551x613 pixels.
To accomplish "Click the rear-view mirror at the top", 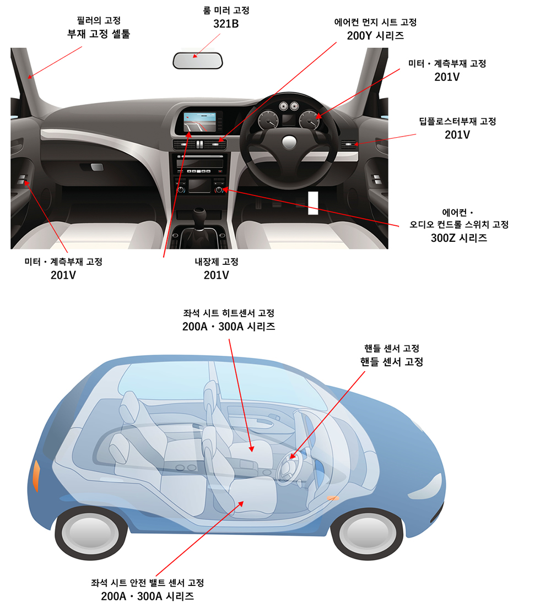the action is click(197, 61).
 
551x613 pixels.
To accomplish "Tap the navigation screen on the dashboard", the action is click(200, 122).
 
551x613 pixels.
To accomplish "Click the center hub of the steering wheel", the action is click(289, 142).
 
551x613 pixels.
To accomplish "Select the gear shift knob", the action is click(199, 214).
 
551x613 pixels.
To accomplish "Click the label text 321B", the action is click(226, 24).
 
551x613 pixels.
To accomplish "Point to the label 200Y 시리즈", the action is click(375, 36).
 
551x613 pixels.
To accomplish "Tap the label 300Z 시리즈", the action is click(459, 238).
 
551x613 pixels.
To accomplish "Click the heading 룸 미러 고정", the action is click(226, 10).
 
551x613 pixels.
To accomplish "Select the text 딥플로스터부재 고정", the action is click(457, 121).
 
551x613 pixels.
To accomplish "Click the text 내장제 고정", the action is click(216, 262).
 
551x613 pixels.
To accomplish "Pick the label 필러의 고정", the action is click(99, 20).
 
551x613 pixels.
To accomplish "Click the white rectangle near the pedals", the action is click(313, 203).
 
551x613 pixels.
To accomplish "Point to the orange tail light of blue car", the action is click(36, 475).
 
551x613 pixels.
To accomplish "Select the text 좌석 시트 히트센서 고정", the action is click(229, 313).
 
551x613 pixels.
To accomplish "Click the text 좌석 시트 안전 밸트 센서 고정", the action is click(148, 583).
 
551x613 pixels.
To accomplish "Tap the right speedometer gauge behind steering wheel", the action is click(310, 120).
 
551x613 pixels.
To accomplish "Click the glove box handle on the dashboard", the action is click(97, 167).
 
